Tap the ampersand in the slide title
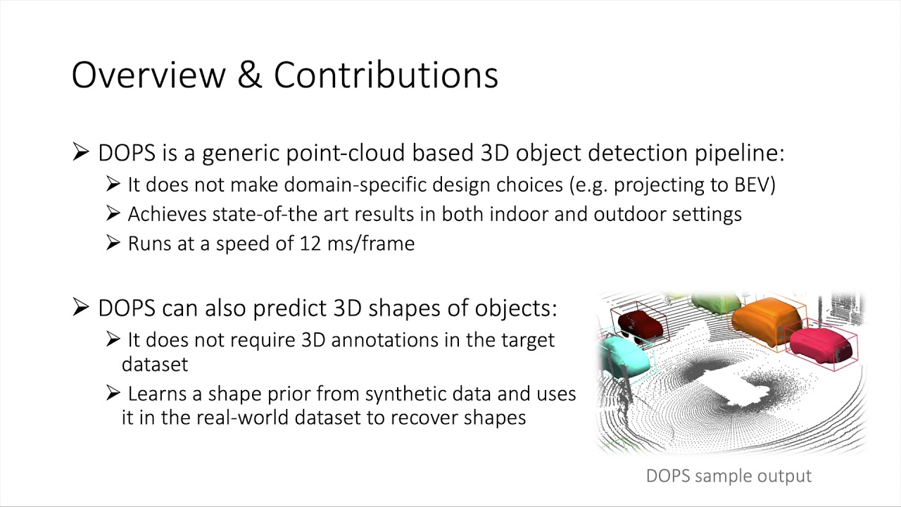(x=249, y=75)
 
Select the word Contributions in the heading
(x=386, y=75)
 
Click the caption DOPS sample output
(x=729, y=476)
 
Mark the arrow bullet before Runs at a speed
(x=113, y=244)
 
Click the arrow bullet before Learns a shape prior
(x=113, y=394)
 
